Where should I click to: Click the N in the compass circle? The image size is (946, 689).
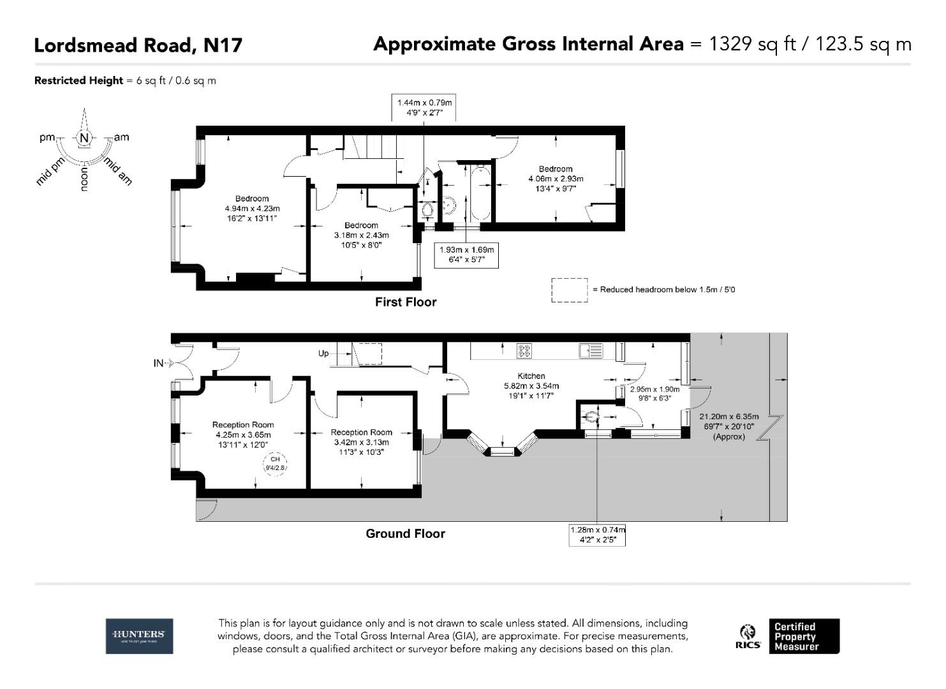click(84, 138)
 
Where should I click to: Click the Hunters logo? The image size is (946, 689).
click(139, 635)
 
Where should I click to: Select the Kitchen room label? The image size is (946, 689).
click(531, 376)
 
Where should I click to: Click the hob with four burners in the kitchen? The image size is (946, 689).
click(524, 350)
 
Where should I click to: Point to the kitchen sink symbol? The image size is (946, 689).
click(591, 350)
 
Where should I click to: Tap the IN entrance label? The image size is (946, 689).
click(158, 364)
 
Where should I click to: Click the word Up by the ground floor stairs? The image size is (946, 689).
click(323, 353)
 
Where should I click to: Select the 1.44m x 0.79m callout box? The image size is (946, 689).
click(424, 107)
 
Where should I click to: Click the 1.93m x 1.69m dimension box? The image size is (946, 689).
click(466, 255)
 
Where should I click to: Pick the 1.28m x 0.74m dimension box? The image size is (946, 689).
click(597, 535)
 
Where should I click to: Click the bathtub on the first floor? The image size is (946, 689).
click(480, 195)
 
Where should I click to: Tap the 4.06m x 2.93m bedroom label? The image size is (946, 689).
click(555, 179)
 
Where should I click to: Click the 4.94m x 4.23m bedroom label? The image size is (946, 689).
click(252, 209)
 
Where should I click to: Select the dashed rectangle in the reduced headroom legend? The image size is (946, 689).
click(569, 290)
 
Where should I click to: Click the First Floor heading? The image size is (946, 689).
click(406, 302)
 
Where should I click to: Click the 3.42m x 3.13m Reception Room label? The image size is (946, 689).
click(361, 442)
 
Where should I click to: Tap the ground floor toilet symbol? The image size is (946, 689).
click(591, 417)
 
